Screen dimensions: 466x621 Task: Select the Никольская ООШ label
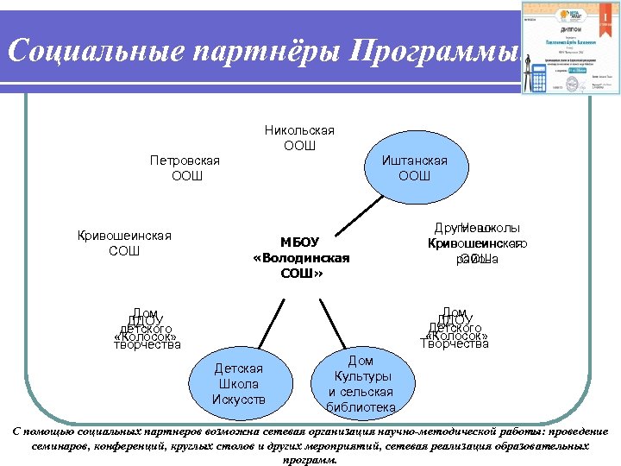coord(299,137)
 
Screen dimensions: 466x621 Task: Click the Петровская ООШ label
coord(185,168)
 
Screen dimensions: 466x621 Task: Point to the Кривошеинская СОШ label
coord(124,243)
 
